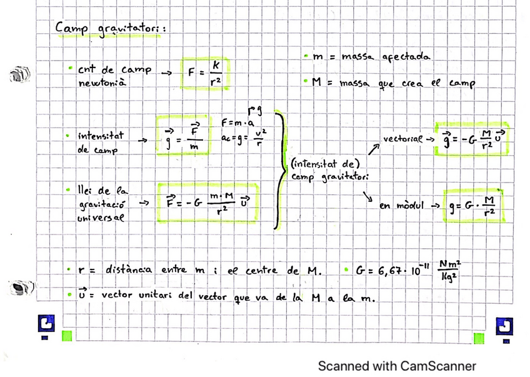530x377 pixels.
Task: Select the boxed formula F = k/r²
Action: click(206, 72)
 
